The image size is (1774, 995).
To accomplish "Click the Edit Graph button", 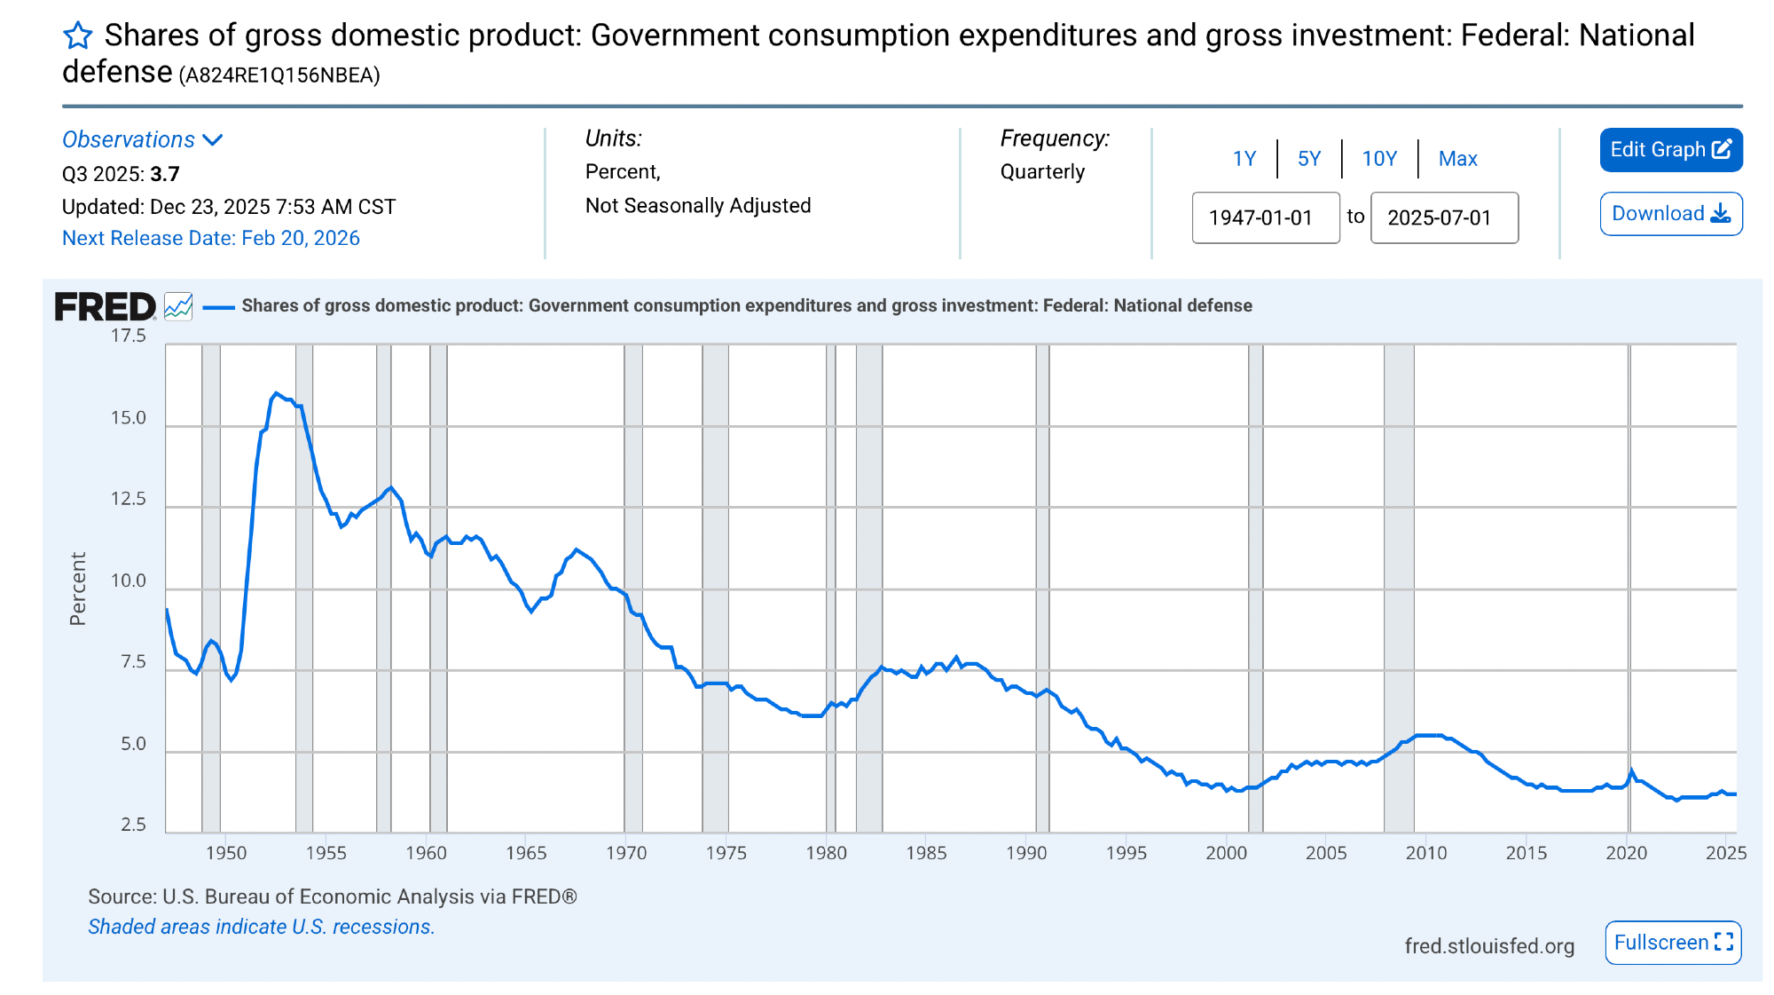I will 1670,150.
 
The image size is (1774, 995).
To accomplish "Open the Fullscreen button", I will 1673,943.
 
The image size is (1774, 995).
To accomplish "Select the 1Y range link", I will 1244,159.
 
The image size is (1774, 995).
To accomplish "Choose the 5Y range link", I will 1309,159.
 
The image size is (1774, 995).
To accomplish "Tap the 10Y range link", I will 1379,159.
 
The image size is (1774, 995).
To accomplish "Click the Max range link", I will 1457,159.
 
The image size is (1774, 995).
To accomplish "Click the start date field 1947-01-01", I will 1265,217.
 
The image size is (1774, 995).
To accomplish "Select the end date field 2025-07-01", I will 1444,217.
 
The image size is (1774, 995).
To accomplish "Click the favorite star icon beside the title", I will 78,36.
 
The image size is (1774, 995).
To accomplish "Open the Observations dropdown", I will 142,140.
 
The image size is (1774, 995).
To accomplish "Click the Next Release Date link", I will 211,238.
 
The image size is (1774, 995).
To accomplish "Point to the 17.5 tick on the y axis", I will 129,336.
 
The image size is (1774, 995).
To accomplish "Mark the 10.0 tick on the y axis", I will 129,581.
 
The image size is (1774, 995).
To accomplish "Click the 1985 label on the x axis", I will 926,853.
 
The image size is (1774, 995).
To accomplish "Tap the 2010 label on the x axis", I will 1426,853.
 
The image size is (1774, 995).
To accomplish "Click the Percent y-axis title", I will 78,588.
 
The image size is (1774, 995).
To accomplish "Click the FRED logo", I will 106,307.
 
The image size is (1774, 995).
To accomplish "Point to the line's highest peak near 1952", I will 276,392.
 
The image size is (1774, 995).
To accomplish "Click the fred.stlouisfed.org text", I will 1489,946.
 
